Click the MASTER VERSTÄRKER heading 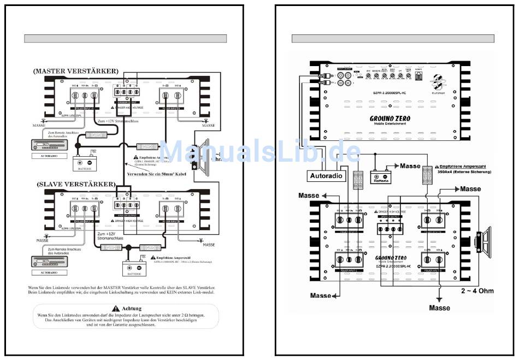75,72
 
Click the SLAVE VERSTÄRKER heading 76,184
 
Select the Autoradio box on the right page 326,176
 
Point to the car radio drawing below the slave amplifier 50,262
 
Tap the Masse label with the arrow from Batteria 410,166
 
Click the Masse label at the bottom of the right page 439,308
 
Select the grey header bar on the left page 125,39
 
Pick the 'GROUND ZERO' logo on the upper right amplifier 391,119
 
